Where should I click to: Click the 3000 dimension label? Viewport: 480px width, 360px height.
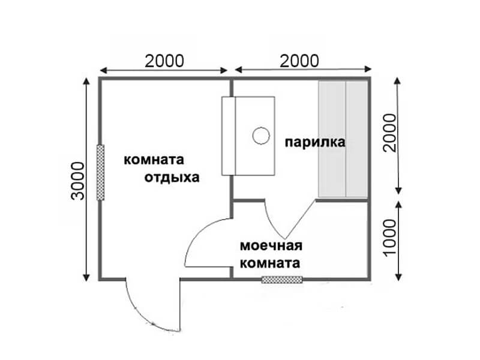click(x=77, y=181)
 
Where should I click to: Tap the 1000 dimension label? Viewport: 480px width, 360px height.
click(x=389, y=237)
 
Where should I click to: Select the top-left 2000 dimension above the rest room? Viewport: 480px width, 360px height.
click(x=164, y=61)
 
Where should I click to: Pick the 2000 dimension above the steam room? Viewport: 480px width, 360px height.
click(x=299, y=61)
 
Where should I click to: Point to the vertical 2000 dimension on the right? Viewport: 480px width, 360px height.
click(x=389, y=133)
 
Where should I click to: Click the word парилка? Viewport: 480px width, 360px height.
click(x=315, y=142)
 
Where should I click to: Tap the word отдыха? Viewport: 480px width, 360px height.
click(x=172, y=178)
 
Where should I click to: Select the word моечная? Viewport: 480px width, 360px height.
click(x=271, y=246)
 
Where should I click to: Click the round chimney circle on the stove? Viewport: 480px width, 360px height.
click(x=261, y=136)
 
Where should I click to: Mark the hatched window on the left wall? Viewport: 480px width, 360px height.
click(x=100, y=172)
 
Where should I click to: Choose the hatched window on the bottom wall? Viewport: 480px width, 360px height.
click(x=282, y=280)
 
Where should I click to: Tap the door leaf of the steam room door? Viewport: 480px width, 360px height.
click(x=300, y=219)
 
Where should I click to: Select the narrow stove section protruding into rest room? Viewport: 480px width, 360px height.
click(x=229, y=136)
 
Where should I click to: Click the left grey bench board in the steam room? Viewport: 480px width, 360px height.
click(x=332, y=139)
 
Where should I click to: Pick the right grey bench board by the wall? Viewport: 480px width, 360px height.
click(x=357, y=139)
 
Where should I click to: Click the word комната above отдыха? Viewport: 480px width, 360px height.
click(x=154, y=160)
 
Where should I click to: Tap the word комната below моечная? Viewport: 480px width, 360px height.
click(x=269, y=263)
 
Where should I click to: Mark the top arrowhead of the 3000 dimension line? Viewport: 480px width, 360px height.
click(x=86, y=81)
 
